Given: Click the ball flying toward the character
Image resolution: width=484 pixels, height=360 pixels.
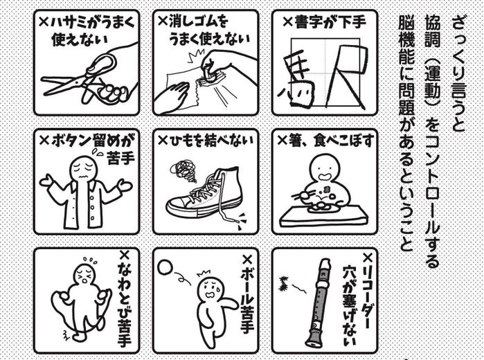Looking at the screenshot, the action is point(165,267).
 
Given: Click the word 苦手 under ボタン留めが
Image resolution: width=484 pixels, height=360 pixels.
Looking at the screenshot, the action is point(120,159).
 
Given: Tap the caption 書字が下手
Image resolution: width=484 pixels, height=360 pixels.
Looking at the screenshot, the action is point(330,22).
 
